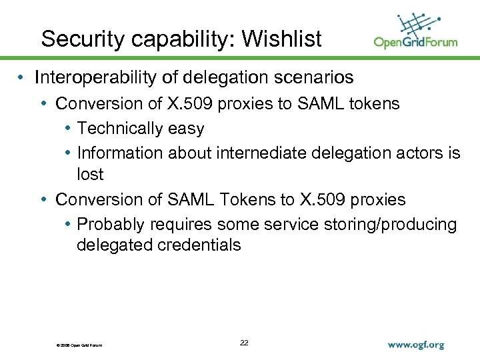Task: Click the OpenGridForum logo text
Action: (x=415, y=43)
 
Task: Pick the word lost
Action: (x=90, y=174)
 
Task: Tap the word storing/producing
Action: (x=381, y=224)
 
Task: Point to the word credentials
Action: (x=199, y=245)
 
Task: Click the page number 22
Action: (x=244, y=343)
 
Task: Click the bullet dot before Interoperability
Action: (x=23, y=78)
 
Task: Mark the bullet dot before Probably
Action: (x=69, y=224)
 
